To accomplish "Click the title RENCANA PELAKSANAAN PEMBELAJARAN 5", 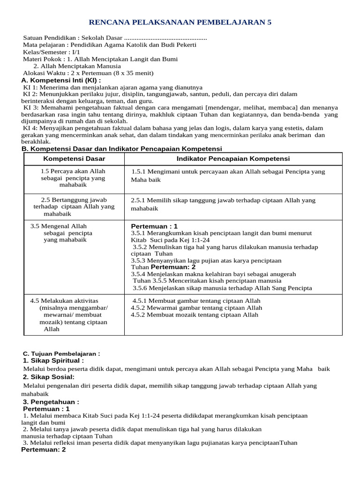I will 180,22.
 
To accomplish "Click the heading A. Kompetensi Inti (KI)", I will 61,80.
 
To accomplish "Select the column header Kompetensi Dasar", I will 74,159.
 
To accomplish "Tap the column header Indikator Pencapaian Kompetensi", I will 233,159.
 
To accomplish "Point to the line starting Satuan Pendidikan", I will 115,37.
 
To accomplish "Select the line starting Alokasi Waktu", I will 88,73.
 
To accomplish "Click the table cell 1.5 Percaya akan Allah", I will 73,178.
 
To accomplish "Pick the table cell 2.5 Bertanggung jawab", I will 74,206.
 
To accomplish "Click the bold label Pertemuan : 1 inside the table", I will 154,226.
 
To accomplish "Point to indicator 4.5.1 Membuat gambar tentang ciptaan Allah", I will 196,300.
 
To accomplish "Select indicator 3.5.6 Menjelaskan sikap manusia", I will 222,288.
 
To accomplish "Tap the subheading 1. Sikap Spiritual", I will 53,360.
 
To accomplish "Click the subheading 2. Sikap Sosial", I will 49,377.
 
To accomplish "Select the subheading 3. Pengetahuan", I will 51,402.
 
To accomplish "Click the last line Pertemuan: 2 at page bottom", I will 44,450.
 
